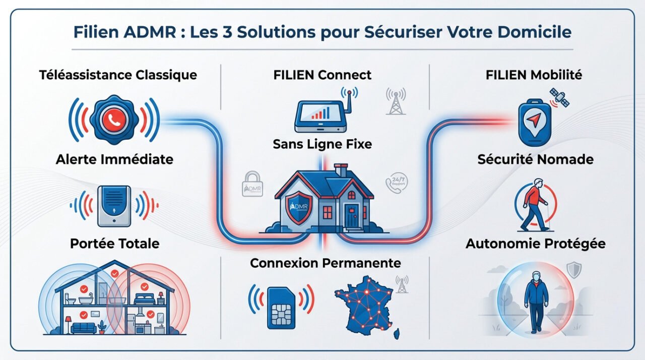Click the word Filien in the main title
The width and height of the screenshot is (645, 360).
pos(95,32)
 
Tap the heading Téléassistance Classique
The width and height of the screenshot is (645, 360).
pos(118,75)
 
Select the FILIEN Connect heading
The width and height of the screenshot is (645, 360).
pos(322,75)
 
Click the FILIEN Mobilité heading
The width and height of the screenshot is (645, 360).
pos(534,75)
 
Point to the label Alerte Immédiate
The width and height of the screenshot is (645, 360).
pos(115,159)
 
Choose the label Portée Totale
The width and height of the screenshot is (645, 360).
pos(115,244)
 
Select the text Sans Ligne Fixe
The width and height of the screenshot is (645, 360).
pos(322,144)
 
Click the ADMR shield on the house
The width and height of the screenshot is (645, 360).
pos(299,205)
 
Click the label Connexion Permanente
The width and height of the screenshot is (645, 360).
pos(326,263)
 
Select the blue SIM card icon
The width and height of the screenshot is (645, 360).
pos(281,307)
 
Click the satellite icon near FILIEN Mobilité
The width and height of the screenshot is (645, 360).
pos(559,97)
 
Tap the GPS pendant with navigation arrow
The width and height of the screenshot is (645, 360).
pos(535,121)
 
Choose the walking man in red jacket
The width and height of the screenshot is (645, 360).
pos(534,204)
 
